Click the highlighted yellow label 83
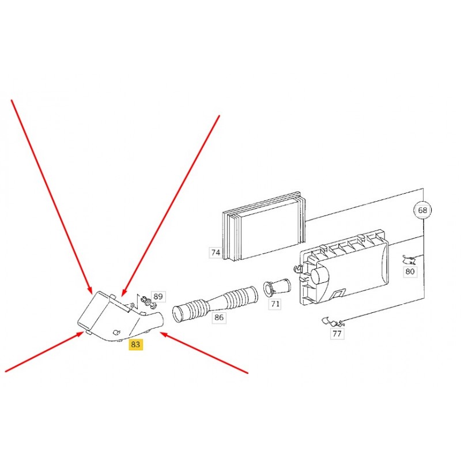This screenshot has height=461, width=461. coord(135,344)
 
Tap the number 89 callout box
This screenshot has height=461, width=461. coord(158,296)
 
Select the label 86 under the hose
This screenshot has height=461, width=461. coord(219,318)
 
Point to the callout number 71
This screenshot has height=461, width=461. coord(275,304)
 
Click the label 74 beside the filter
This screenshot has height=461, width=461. coord(216,252)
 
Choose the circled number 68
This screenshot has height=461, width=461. coord(422,210)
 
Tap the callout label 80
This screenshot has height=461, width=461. coord(410,271)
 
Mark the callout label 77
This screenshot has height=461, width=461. coord(337,334)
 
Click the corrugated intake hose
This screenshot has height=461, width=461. coord(215,304)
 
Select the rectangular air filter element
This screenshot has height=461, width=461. coord(264,226)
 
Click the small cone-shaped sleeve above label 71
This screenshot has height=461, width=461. coord(277,286)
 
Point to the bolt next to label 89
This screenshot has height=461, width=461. coord(149,303)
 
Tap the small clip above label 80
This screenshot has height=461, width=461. coord(409,260)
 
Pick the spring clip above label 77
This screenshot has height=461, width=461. coord(333,322)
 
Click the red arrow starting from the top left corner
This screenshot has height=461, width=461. coord(51,197)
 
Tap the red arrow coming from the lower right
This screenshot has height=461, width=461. coord(204,353)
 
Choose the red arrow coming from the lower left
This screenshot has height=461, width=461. coord(44,352)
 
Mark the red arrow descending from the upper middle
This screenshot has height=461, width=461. coord(171,206)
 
